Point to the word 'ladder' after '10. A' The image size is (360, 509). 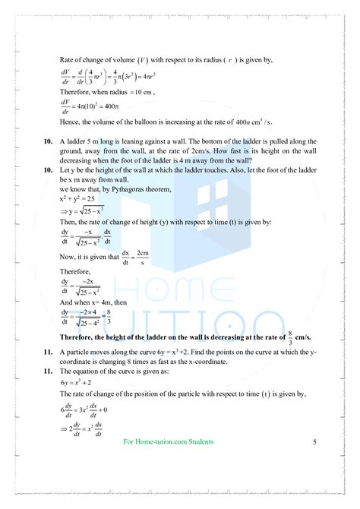(78, 141)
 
